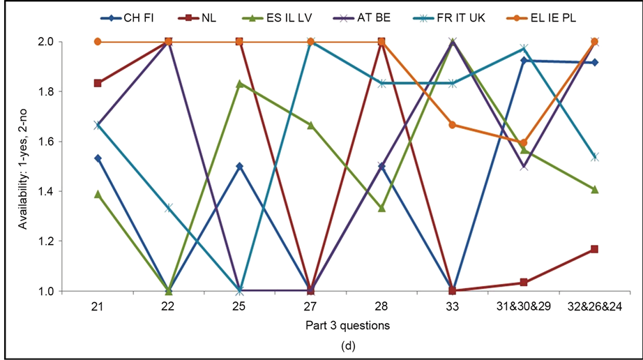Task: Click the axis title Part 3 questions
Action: (347, 325)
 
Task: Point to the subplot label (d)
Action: (347, 345)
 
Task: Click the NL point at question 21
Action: (98, 83)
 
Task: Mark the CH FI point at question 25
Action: (240, 167)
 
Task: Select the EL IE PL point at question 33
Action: (453, 125)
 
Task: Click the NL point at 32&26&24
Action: (595, 249)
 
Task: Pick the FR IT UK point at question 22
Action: (169, 208)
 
